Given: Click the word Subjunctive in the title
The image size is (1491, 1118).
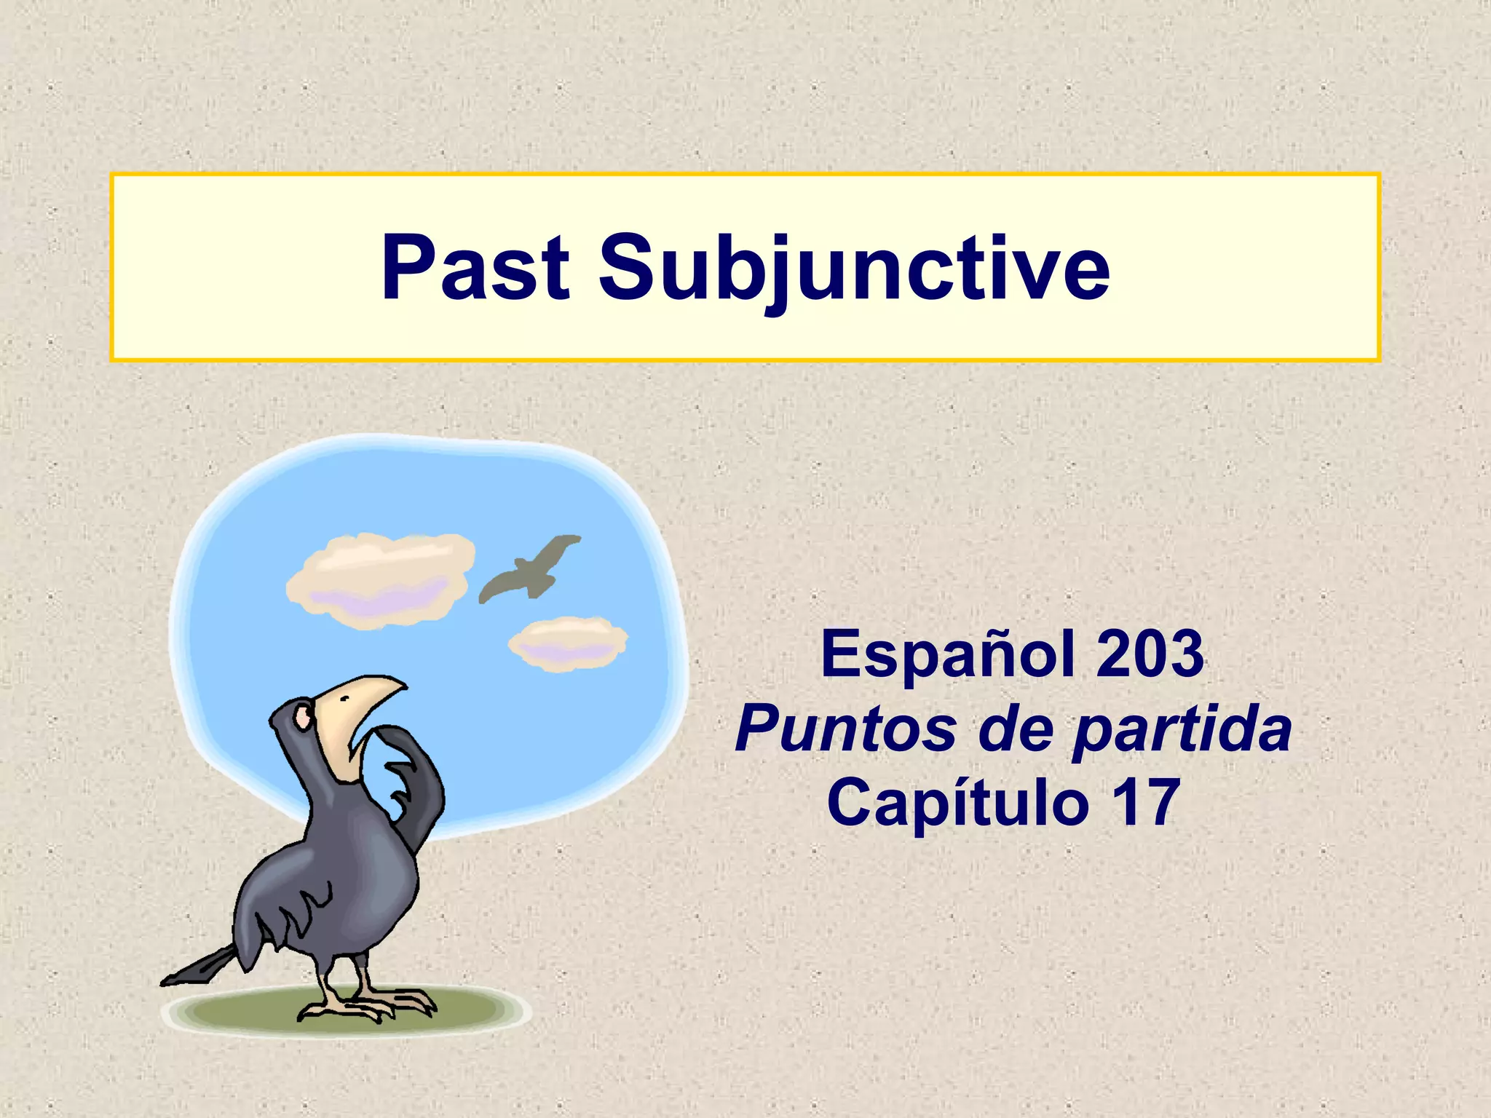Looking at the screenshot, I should click(853, 268).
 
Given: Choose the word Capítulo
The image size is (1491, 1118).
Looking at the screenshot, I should click(957, 802).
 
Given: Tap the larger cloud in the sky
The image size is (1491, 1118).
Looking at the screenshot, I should click(380, 579).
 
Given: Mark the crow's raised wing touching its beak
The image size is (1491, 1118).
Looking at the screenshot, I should click(415, 779).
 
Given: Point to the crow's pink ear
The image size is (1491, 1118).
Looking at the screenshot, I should click(301, 718).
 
